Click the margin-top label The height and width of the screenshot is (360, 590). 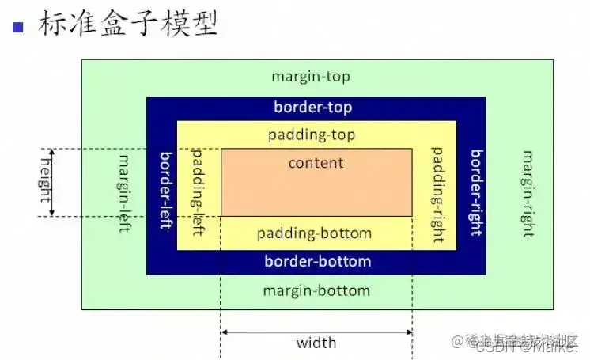(310, 77)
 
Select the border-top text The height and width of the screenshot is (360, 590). (312, 107)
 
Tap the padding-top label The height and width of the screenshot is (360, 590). (312, 135)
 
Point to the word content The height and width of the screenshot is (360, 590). (316, 163)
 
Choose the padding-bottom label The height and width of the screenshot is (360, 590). (314, 233)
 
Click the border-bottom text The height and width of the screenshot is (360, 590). (317, 261)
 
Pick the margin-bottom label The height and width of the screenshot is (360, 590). (316, 290)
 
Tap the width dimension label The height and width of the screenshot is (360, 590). (316, 343)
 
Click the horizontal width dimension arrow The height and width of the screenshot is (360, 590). (316, 332)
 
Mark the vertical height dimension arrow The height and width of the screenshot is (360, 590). (53, 182)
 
